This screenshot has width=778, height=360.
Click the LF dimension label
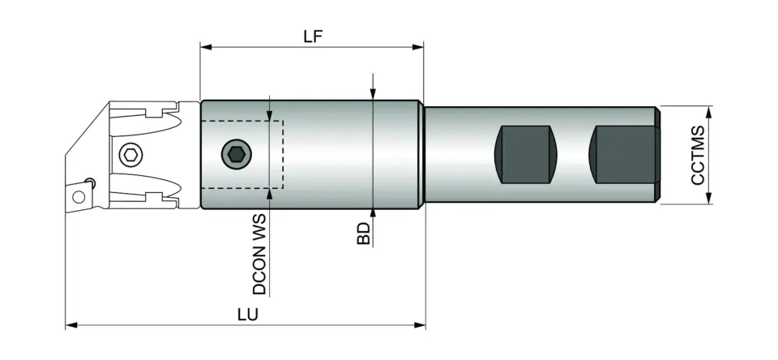(x=312, y=37)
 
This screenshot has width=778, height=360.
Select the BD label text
(x=364, y=233)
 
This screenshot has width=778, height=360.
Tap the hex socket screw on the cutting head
(x=130, y=154)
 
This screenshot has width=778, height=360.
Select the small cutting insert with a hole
(x=79, y=195)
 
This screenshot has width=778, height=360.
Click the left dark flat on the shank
(x=527, y=154)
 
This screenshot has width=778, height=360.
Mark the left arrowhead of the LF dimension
(x=205, y=47)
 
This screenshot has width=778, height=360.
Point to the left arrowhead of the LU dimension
(x=71, y=325)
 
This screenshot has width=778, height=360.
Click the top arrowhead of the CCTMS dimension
(x=710, y=110)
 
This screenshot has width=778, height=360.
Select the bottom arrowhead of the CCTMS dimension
(x=710, y=199)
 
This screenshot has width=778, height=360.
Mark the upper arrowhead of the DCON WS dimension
(x=269, y=116)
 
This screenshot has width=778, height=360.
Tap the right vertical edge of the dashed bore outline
(x=283, y=154)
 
